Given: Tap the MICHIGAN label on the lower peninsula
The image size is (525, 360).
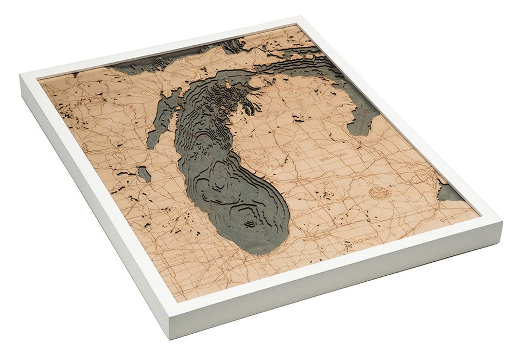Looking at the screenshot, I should [331, 159].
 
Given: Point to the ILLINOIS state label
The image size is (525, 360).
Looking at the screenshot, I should [177, 253].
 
